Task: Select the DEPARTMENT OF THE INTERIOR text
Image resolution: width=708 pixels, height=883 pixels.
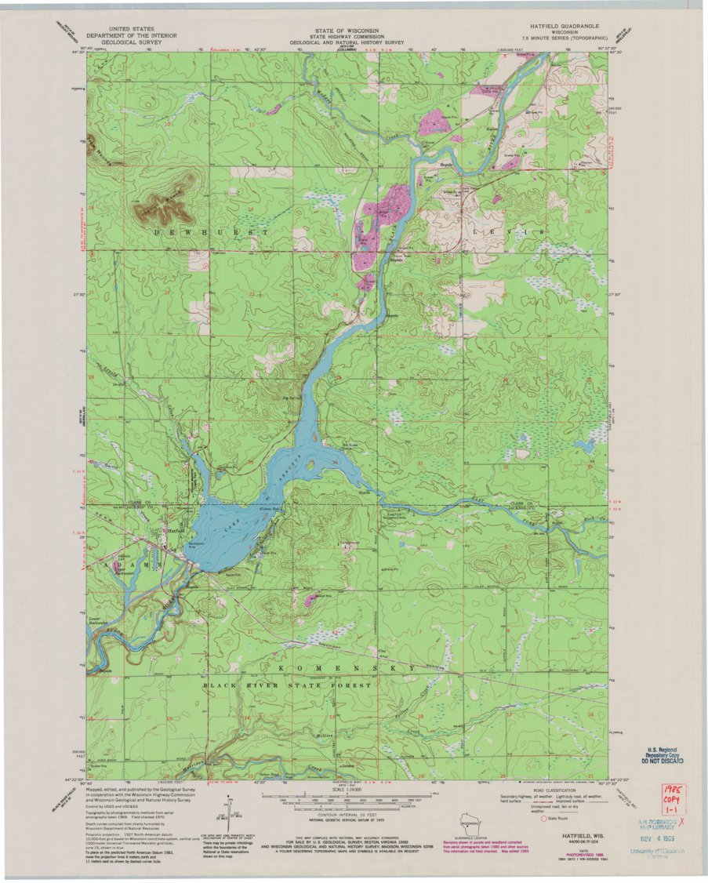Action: [132, 35]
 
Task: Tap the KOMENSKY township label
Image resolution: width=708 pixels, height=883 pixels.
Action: [346, 668]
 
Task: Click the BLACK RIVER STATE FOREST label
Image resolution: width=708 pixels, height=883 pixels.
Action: [288, 685]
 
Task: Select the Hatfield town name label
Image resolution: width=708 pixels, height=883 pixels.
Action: [175, 531]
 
